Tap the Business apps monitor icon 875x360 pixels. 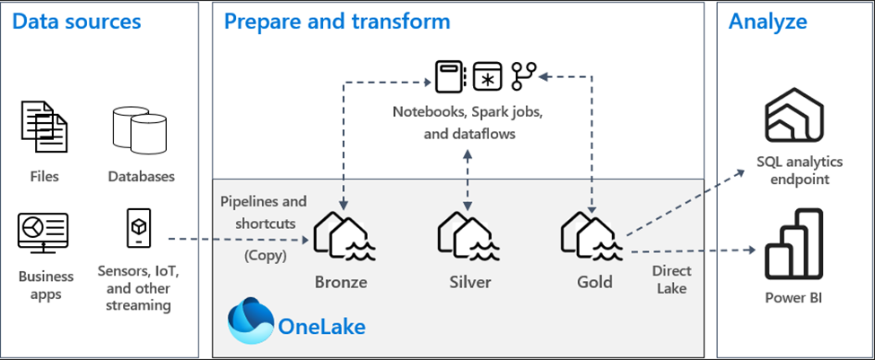click(x=43, y=233)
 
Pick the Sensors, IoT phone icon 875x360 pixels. click(x=139, y=230)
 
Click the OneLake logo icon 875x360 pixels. click(x=251, y=322)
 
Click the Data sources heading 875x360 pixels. click(x=77, y=22)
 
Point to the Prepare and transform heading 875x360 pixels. click(x=337, y=22)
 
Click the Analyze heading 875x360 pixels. click(x=767, y=22)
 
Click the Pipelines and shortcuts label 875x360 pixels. click(x=264, y=213)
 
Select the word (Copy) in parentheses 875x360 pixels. click(x=264, y=255)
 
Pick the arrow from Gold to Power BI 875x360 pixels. click(x=691, y=251)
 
